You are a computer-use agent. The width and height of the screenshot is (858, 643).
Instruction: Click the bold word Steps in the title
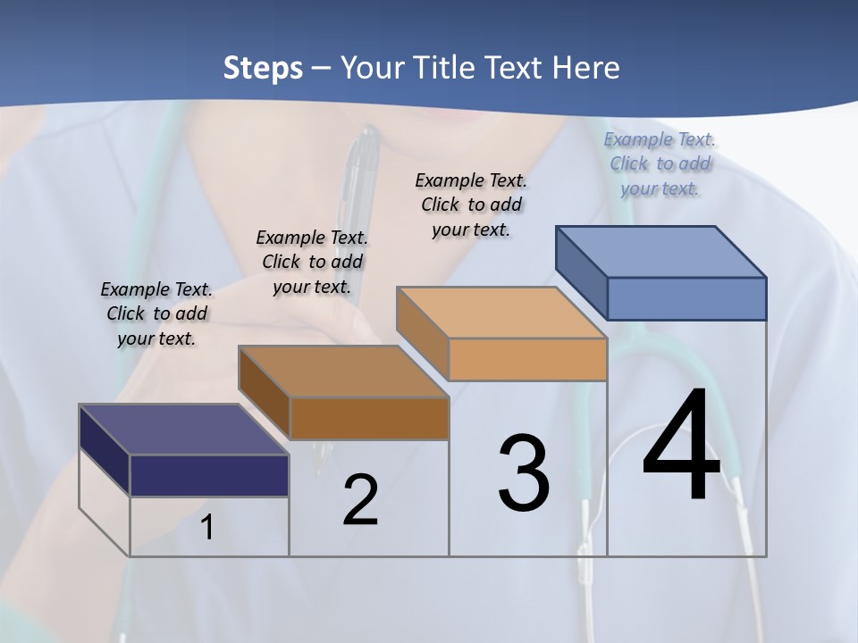263,68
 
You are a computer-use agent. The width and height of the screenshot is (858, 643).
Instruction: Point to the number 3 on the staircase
524,472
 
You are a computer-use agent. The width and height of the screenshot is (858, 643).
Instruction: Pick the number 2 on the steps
360,499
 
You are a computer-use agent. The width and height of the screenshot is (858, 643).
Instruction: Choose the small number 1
207,528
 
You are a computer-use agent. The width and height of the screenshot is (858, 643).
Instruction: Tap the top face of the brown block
343,372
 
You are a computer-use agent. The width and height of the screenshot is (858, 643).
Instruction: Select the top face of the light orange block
501,313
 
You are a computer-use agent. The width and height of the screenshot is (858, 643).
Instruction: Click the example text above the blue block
660,164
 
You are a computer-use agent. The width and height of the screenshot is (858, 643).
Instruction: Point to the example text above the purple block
156,313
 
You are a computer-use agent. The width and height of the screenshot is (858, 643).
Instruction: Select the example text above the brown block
312,262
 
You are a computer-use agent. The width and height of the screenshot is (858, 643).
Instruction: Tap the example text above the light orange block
471,205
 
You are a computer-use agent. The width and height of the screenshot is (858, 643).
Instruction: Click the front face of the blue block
686,298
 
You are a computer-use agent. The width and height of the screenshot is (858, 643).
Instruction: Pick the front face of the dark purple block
209,475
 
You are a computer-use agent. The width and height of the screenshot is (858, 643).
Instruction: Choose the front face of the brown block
369,418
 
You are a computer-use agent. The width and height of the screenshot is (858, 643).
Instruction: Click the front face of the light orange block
527,359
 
